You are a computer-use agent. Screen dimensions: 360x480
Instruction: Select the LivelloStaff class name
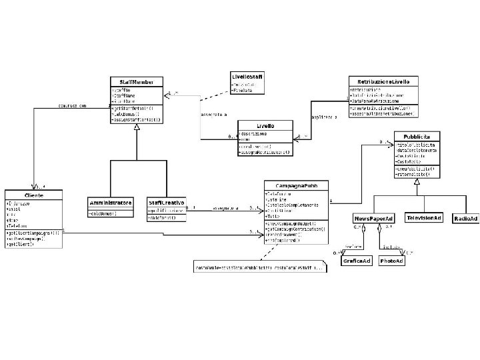(x=247, y=77)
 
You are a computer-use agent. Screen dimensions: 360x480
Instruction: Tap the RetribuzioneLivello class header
(x=383, y=81)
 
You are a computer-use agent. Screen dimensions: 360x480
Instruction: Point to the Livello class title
(x=265, y=126)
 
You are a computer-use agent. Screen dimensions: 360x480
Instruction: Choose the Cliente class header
(x=33, y=195)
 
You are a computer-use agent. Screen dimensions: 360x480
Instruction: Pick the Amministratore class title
(x=111, y=202)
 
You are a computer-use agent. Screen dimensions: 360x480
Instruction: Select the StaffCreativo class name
(x=166, y=202)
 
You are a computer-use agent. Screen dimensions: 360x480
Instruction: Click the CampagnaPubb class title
(x=295, y=185)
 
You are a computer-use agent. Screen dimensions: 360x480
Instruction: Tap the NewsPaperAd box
(x=373, y=218)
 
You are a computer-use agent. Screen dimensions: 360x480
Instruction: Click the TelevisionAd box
(x=424, y=218)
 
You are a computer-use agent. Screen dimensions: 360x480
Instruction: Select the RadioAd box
(x=465, y=218)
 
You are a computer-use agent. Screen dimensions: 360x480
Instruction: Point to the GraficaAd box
(x=357, y=261)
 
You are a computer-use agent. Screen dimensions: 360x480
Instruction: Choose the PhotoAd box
(x=391, y=261)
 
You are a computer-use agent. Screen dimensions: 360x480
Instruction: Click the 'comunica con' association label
(x=72, y=105)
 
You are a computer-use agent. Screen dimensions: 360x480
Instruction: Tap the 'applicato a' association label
(x=325, y=117)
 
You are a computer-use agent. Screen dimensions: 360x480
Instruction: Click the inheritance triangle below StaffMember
(x=137, y=129)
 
